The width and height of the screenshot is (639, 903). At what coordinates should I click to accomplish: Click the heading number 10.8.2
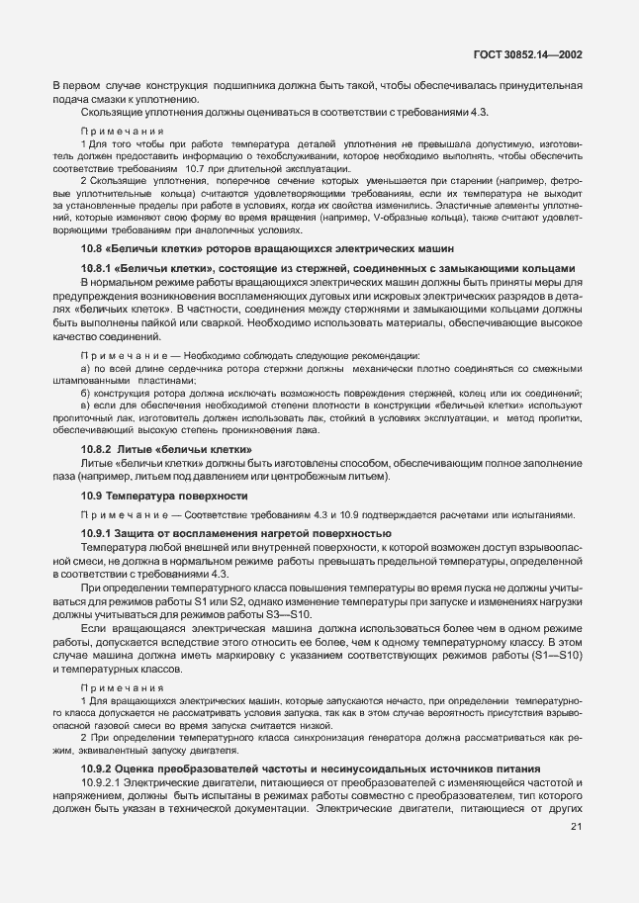(96, 448)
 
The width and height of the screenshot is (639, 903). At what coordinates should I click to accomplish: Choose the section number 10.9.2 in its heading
(96, 768)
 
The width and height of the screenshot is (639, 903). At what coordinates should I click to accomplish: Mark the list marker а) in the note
(86, 369)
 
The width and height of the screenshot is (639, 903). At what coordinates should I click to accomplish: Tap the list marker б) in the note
(86, 393)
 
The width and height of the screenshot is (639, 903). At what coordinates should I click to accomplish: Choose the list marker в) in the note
(86, 406)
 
